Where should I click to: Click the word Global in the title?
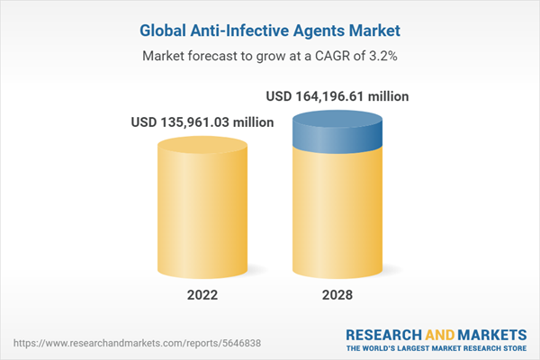coord(166,31)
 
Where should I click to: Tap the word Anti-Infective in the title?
coord(238,31)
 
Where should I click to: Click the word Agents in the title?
coord(315,31)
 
